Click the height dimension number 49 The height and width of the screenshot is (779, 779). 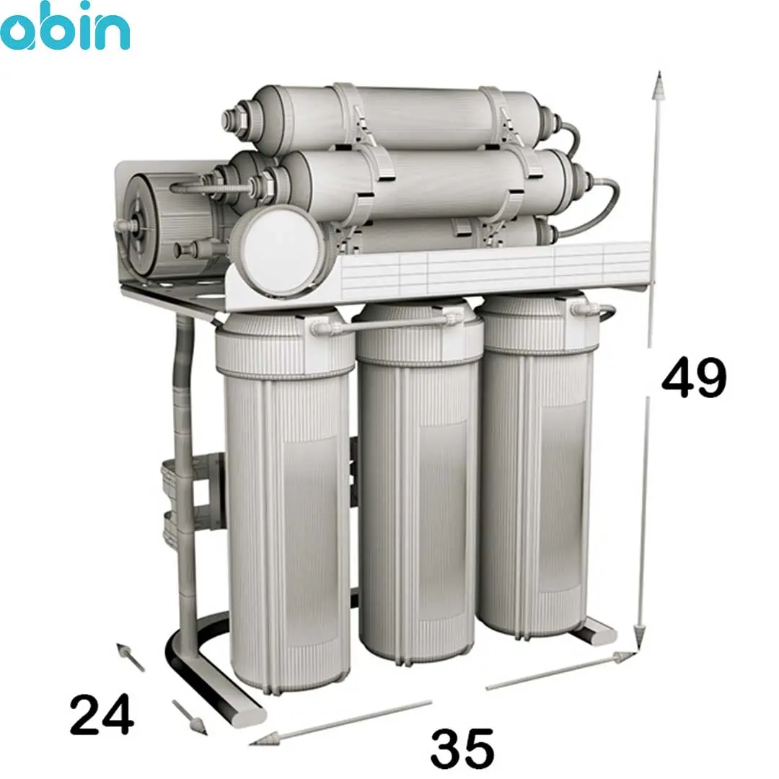pyautogui.click(x=694, y=377)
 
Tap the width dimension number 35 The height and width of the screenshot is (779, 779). pyautogui.click(x=462, y=749)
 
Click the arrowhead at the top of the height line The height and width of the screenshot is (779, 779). pyautogui.click(x=659, y=84)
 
